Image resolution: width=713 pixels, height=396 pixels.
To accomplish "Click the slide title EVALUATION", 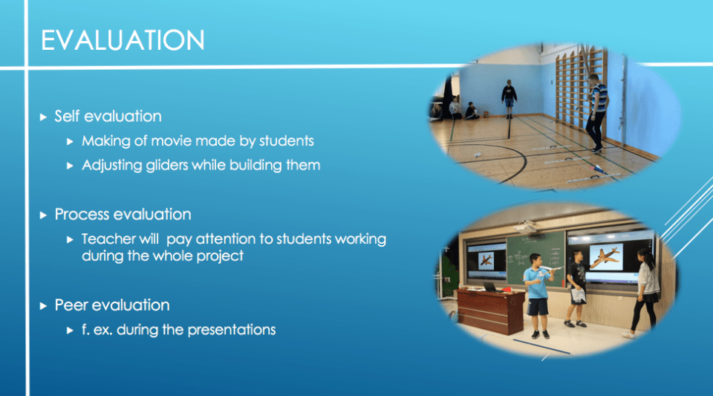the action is pyautogui.click(x=123, y=40).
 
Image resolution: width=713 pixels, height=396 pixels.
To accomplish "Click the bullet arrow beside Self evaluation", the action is pyautogui.click(x=43, y=117).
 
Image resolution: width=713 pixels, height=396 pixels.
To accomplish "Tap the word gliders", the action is pyautogui.click(x=167, y=166).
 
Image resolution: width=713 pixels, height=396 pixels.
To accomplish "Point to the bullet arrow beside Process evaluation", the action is pyautogui.click(x=43, y=215).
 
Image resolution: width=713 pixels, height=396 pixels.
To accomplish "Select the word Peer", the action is pyautogui.click(x=71, y=305).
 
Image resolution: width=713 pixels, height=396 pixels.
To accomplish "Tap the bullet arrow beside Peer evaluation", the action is pyautogui.click(x=43, y=306).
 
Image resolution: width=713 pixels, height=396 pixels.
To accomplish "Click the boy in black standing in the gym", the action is pyautogui.click(x=509, y=99).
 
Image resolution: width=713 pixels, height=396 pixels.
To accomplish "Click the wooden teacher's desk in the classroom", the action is pyautogui.click(x=490, y=311).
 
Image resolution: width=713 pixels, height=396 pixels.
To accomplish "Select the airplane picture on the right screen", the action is pyautogui.click(x=605, y=257).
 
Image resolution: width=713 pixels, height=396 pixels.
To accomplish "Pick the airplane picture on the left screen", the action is pyautogui.click(x=486, y=261).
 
